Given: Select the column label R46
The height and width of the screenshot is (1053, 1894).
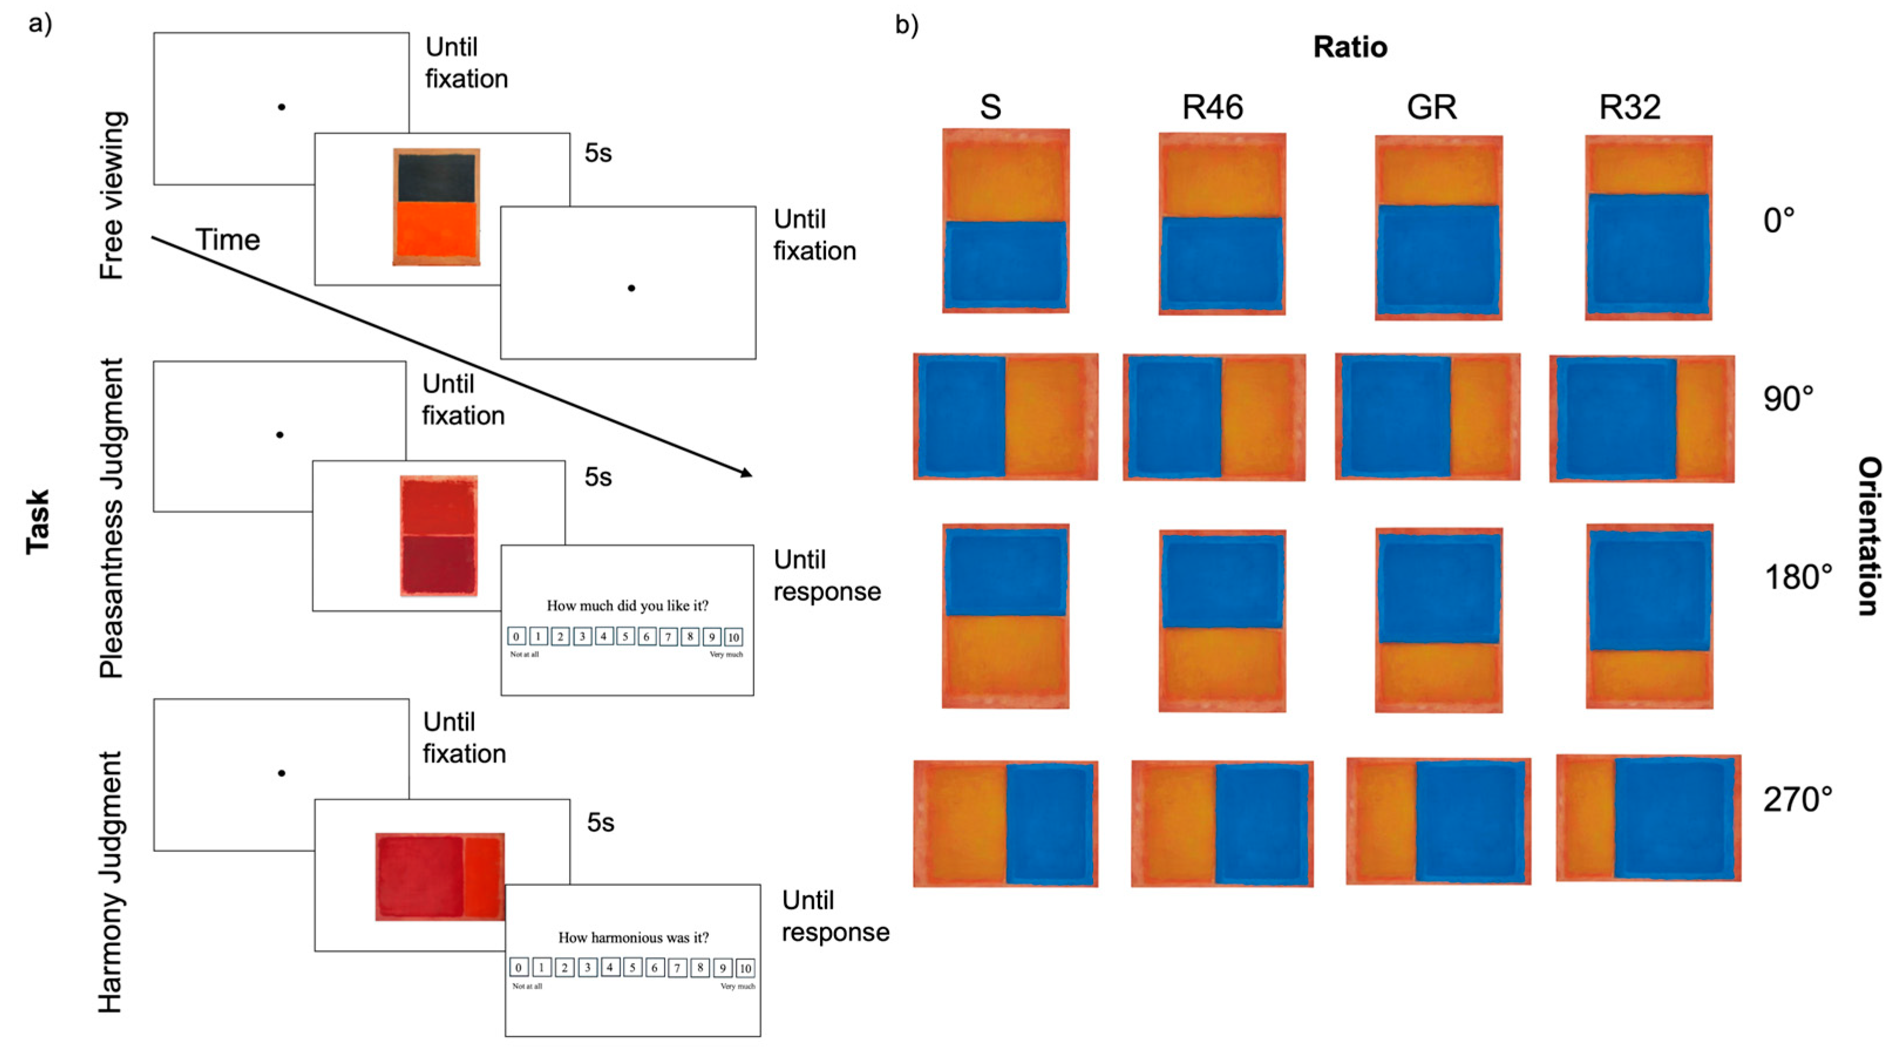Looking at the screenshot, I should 1212,107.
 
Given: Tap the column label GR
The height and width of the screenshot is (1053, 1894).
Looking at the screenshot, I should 1431,107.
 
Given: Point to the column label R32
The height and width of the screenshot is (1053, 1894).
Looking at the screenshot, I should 1629,107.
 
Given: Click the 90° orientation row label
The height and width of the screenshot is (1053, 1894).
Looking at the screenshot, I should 1787,399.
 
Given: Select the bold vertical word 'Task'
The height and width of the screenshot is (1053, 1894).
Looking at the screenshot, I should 38,521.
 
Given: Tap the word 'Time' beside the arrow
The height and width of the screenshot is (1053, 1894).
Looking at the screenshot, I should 227,240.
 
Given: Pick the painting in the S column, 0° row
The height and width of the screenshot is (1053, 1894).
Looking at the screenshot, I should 1005,220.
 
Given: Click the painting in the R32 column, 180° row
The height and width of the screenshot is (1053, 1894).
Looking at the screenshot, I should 1649,616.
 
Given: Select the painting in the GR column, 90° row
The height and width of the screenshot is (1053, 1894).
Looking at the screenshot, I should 1427,417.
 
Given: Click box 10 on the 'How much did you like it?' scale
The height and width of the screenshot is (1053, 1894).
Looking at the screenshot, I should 733,637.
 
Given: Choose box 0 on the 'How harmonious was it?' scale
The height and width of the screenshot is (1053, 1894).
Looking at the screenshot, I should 518,968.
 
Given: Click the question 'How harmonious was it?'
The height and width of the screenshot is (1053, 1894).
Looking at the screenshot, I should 633,937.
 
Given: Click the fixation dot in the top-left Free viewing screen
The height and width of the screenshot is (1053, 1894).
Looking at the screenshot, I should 281,107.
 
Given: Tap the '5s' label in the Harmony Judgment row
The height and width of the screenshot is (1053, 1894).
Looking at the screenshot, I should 600,822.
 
